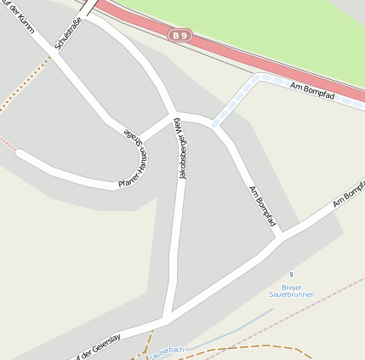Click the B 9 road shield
tap(178, 36)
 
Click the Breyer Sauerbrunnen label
tap(292, 291)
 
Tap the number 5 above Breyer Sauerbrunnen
tap(291, 274)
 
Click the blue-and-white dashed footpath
tap(236, 98)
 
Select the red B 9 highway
tap(255, 51)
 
